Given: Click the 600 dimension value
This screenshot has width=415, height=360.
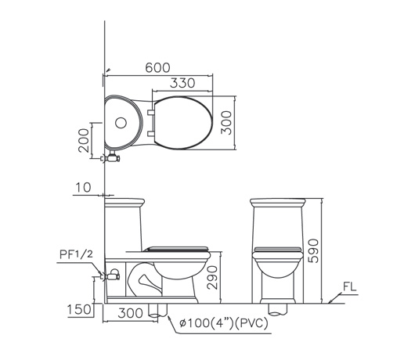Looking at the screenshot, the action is coord(157,68).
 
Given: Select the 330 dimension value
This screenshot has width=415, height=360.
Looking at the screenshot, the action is coord(182,83).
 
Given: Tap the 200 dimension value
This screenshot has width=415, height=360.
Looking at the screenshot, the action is coord(85,140).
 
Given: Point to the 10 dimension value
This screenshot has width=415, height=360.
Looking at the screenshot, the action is coord(83,187).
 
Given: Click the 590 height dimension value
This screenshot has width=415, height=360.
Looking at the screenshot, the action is coord(314,250).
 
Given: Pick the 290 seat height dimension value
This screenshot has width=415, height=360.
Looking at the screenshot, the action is coord(212,278).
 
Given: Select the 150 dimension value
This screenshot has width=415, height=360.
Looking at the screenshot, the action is coord(79,309).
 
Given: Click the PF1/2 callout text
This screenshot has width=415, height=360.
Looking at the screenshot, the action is coord(77,254).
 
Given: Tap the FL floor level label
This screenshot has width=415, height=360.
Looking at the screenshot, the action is coord(350,286).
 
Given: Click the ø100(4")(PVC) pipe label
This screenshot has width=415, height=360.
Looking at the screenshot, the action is coord(224,323).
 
